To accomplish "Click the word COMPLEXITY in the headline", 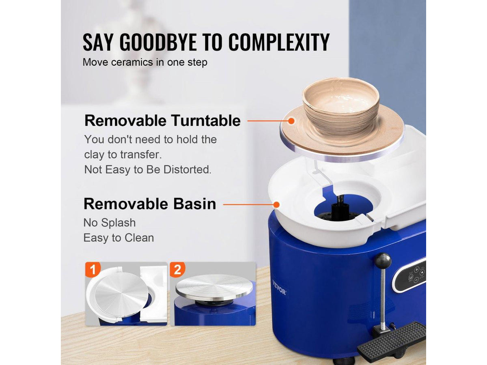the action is (x=279, y=42).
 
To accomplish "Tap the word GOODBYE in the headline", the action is (x=158, y=42).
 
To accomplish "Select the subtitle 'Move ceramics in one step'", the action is (x=145, y=62).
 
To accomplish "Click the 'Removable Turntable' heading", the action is (x=162, y=121).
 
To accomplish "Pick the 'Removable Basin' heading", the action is (x=150, y=204).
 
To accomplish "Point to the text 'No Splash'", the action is (x=110, y=223).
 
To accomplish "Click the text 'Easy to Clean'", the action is (x=119, y=238).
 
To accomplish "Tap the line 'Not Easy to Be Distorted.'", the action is (x=148, y=170).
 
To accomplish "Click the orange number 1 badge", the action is (x=93, y=269).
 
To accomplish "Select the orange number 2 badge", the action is (x=177, y=269).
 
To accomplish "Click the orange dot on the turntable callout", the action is (x=291, y=121).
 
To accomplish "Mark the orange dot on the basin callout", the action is (x=276, y=204).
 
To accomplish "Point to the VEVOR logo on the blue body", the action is (x=279, y=287).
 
